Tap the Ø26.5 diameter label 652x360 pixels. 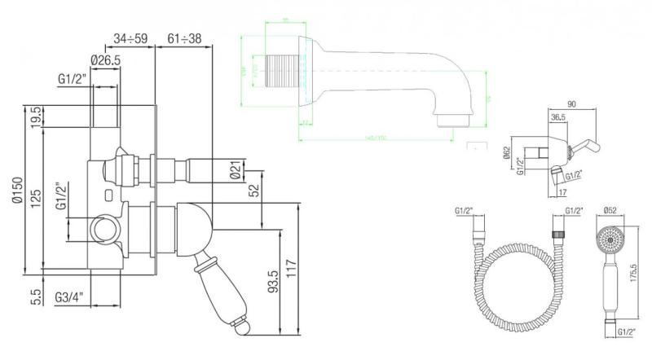tap(107, 59)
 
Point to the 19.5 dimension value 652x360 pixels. tap(35, 116)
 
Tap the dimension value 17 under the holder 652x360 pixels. tap(563, 192)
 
